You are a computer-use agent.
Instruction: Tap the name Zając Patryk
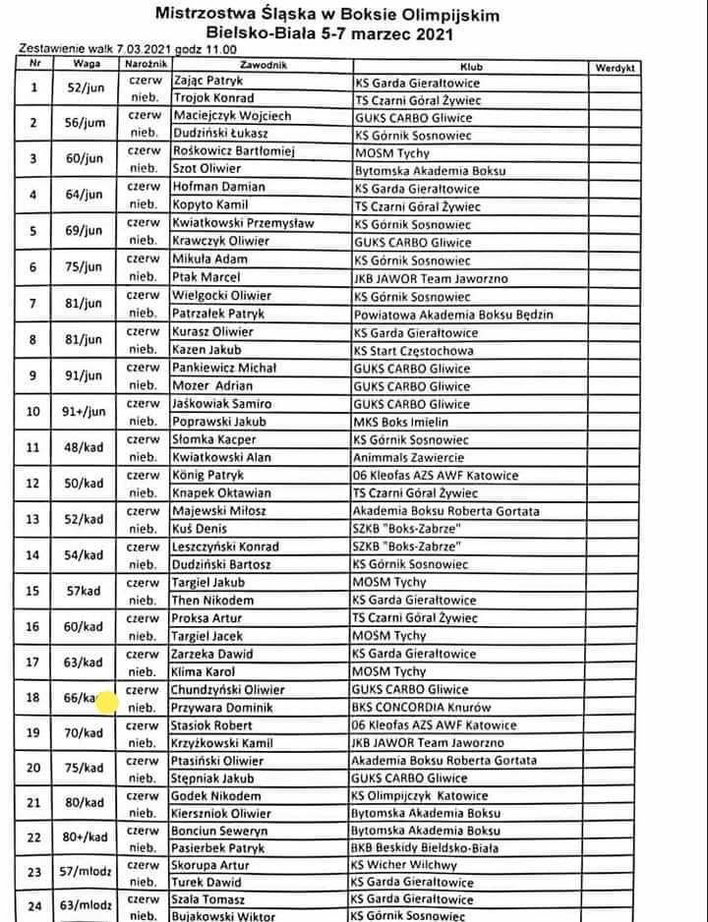[x=207, y=81]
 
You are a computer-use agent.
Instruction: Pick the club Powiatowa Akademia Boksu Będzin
[x=453, y=315]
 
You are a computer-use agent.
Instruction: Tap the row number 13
[x=35, y=520]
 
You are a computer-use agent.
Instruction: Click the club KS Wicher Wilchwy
[x=404, y=866]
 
